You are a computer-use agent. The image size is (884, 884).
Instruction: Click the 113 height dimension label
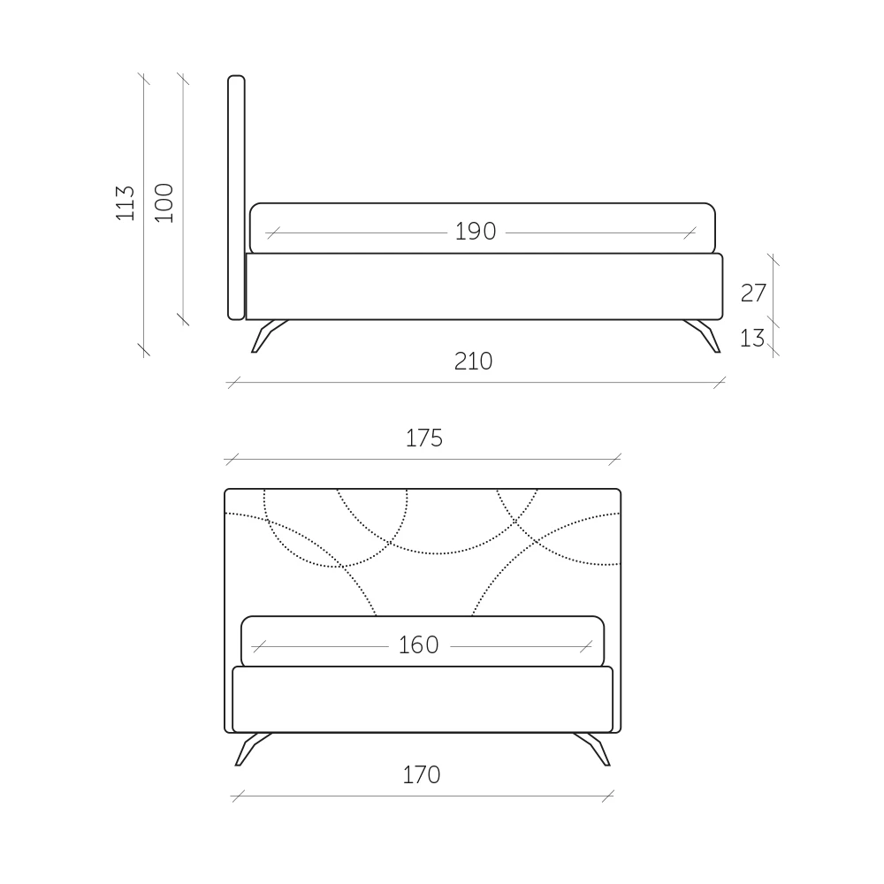pyautogui.click(x=126, y=203)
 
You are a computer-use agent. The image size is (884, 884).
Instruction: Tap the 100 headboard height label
pyautogui.click(x=164, y=203)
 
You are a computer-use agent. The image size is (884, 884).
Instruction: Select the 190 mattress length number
pyautogui.click(x=476, y=232)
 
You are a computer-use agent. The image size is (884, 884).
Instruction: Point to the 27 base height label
pyautogui.click(x=753, y=293)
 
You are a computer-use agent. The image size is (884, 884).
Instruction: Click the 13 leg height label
pyautogui.click(x=752, y=339)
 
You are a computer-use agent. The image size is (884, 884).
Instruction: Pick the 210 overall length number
pyautogui.click(x=473, y=362)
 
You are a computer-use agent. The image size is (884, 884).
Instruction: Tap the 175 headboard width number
pyautogui.click(x=424, y=438)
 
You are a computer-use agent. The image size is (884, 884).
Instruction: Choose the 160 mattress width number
pyautogui.click(x=418, y=645)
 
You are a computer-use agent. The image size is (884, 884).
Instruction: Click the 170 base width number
pyautogui.click(x=421, y=775)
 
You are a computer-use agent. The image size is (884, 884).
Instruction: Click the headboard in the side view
pyautogui.click(x=236, y=197)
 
